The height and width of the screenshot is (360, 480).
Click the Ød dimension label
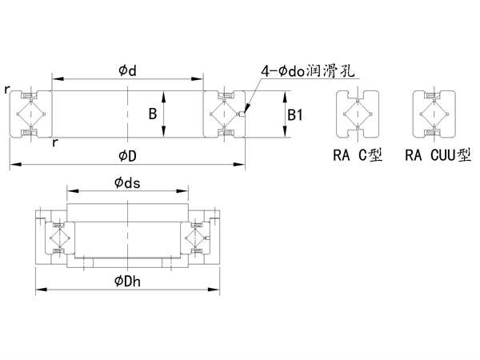tap(127, 71)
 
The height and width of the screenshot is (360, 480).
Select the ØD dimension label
tap(128, 154)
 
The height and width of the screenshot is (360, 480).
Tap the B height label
tap(152, 114)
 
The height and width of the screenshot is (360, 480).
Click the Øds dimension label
tap(127, 183)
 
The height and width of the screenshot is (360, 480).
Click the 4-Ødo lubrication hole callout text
tap(306, 72)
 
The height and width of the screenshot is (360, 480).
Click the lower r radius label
tap(54, 142)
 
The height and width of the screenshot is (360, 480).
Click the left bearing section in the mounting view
tap(58, 238)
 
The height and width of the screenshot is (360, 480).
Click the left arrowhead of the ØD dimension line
tap(12, 165)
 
